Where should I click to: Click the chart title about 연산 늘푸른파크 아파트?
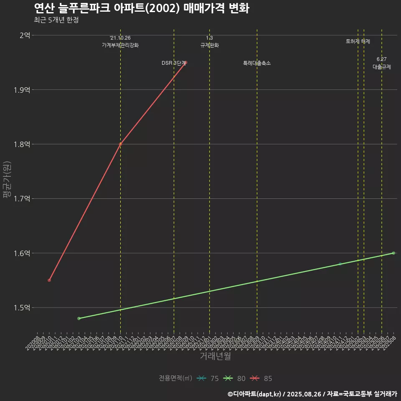pyautogui.click(x=141, y=8)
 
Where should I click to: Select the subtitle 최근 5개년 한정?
pyautogui.click(x=56, y=20)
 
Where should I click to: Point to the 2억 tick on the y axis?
pyautogui.click(x=25, y=36)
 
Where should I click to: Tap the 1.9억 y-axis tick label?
pyautogui.click(x=22, y=90)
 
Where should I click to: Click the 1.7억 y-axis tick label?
pyautogui.click(x=22, y=199)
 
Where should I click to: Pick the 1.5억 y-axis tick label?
pyautogui.click(x=22, y=308)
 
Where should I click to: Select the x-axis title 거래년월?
pyautogui.click(x=215, y=356)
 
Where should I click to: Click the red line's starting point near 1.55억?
pyautogui.click(x=49, y=280)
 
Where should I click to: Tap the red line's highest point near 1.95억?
pyautogui.click(x=185, y=63)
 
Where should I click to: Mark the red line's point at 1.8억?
pyautogui.click(x=120, y=144)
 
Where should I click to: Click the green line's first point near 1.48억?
pyautogui.click(x=79, y=318)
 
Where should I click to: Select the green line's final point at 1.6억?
pyautogui.click(x=393, y=253)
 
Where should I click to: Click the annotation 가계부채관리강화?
pyautogui.click(x=120, y=45)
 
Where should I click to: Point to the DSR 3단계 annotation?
pyautogui.click(x=174, y=63)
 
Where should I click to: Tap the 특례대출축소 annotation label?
pyautogui.click(x=257, y=63)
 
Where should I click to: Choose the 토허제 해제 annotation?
pyautogui.click(x=358, y=41)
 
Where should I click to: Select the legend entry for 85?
pyautogui.click(x=261, y=378)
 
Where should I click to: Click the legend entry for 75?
pyautogui.click(x=208, y=378)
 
